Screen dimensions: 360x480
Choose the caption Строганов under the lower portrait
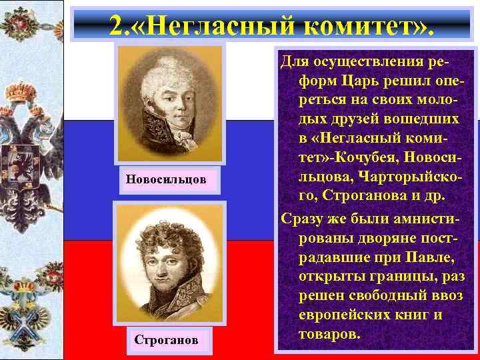(x=166, y=339)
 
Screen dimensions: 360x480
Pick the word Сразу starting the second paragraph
(x=304, y=219)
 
